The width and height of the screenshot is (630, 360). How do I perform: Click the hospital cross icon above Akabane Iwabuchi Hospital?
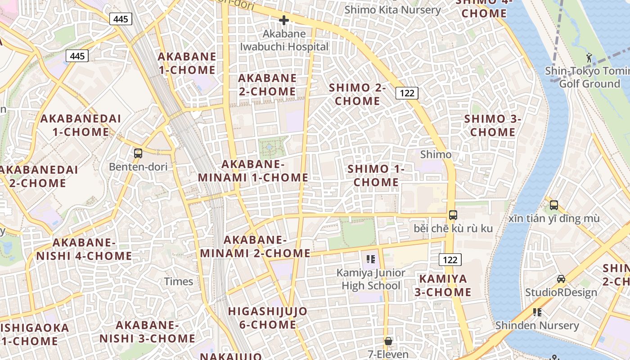pos(283,20)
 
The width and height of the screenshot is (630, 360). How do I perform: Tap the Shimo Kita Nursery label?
pos(392,9)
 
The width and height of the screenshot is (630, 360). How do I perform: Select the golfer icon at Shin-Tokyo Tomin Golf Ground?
pos(589,57)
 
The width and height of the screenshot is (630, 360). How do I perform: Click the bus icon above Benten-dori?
pos(138,153)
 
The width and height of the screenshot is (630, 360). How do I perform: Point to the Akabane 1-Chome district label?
pos(187,63)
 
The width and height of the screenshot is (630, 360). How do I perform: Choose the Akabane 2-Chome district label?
pos(267,85)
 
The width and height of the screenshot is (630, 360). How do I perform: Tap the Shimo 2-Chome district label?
pos(358,94)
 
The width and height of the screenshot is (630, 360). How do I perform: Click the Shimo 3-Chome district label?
pos(493,126)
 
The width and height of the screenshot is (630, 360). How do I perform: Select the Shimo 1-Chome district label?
pos(376,175)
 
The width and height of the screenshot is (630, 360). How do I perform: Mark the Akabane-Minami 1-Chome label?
pos(253,171)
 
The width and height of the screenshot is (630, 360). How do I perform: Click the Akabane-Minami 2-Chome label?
pos(255,247)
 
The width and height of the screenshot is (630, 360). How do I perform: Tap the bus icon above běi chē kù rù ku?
pos(453,215)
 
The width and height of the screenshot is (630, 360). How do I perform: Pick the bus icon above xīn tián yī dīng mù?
pos(554,205)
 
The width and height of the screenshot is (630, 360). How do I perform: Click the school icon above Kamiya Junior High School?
pos(371,259)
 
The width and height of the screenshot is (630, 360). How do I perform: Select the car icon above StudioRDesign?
pos(561,279)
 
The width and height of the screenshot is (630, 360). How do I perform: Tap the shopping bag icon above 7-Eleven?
pos(388,342)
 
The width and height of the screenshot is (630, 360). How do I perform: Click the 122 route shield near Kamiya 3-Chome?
pos(450,259)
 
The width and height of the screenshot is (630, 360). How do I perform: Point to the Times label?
pos(179,282)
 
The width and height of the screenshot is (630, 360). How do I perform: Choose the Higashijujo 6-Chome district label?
pos(268,318)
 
